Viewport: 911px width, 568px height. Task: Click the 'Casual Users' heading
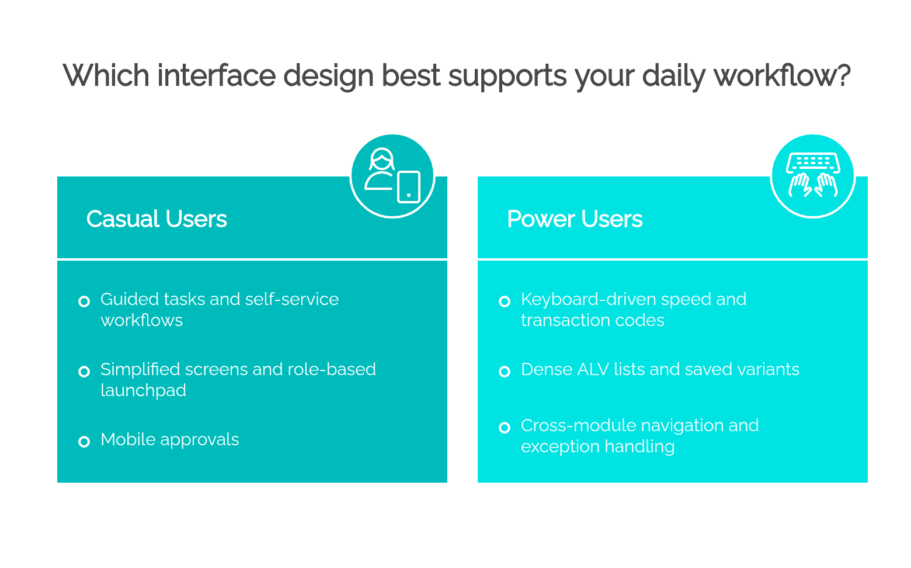(x=157, y=219)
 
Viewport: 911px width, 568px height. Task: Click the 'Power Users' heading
(x=575, y=219)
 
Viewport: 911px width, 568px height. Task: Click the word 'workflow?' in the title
(x=782, y=76)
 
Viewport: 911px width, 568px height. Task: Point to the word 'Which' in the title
(x=106, y=76)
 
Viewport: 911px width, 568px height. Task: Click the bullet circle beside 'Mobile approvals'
(x=84, y=441)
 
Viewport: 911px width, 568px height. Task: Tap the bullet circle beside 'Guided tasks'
(x=84, y=302)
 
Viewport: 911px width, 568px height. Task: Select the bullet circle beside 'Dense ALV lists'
(x=505, y=372)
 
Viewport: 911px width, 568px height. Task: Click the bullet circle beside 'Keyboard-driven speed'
(x=505, y=302)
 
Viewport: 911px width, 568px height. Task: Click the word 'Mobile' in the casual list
(x=128, y=439)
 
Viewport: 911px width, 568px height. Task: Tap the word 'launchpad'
(x=143, y=390)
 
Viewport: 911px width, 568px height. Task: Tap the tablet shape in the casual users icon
(x=409, y=187)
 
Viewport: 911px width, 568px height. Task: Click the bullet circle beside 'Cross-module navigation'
(x=505, y=428)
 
